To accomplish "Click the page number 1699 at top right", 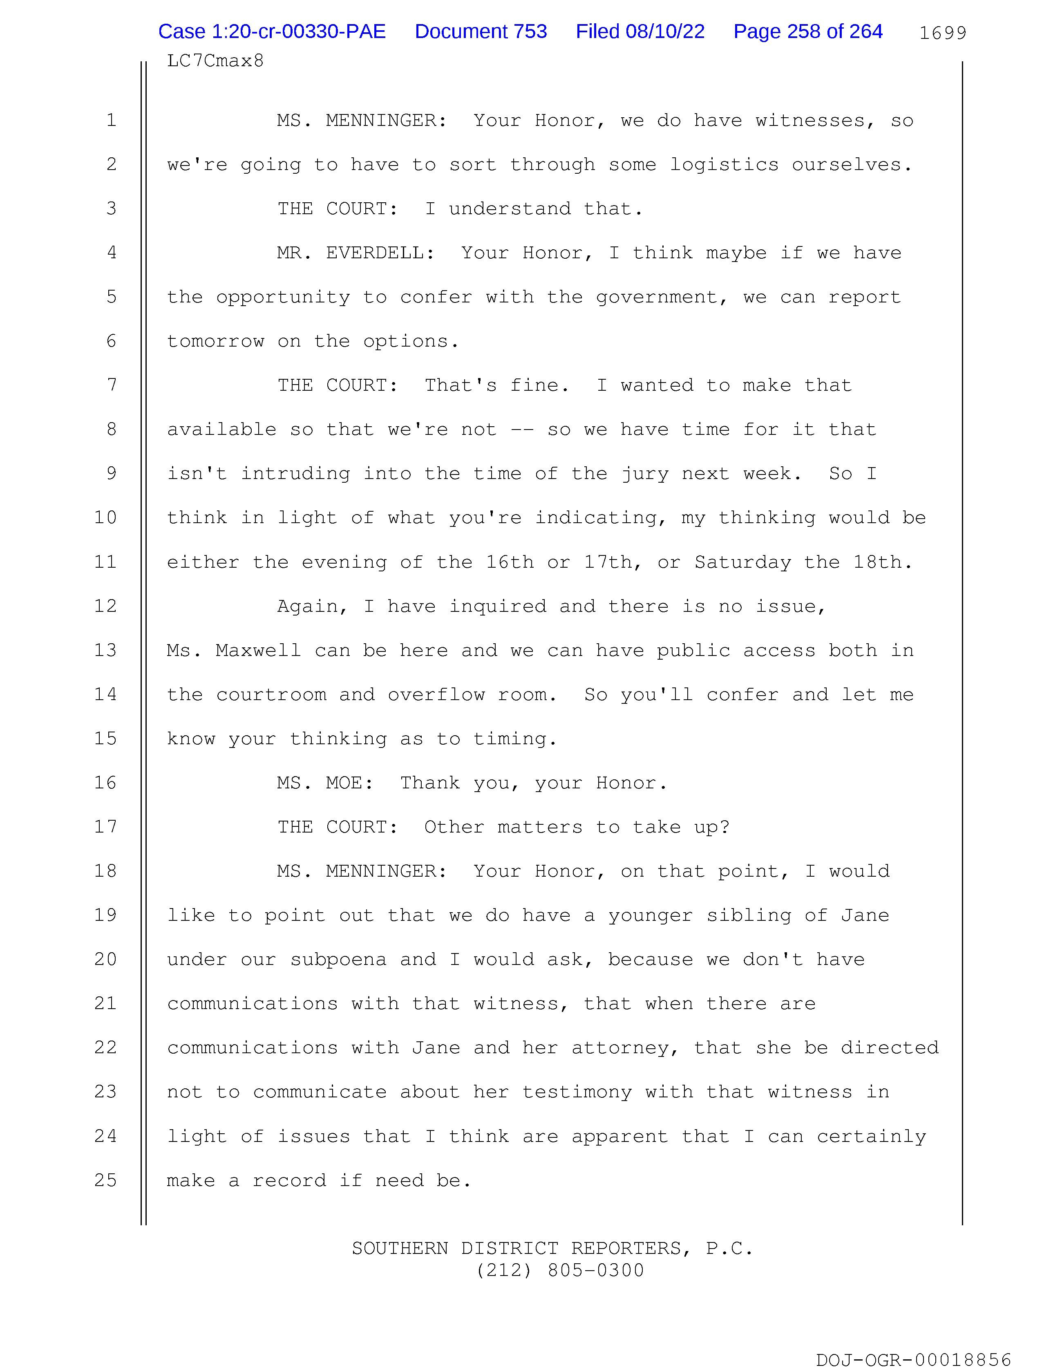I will pyautogui.click(x=942, y=33).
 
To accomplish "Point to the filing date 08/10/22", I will pyautogui.click(x=665, y=31).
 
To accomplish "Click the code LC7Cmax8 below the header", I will pyautogui.click(x=215, y=61).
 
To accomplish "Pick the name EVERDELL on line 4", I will pyautogui.click(x=380, y=253).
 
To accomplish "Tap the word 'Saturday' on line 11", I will pyautogui.click(x=742, y=562).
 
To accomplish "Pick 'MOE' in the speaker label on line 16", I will pyautogui.click(x=350, y=783).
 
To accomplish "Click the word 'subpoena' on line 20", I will pyautogui.click(x=338, y=960).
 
